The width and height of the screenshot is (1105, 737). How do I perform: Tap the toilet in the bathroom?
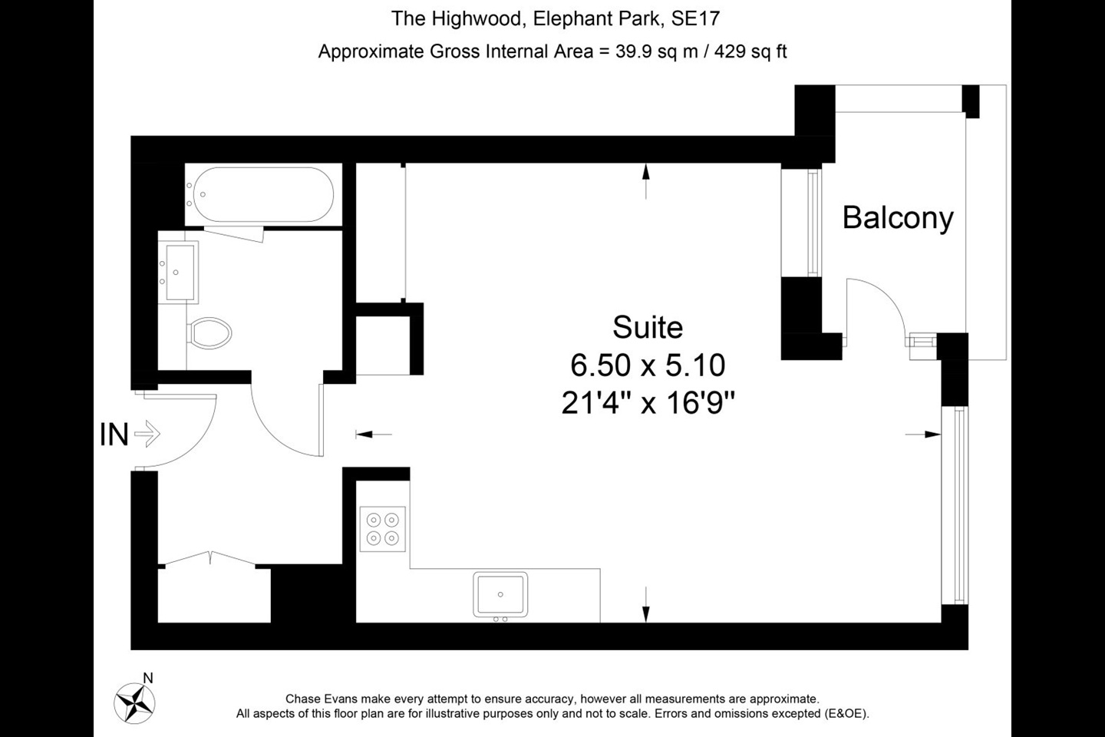point(210,333)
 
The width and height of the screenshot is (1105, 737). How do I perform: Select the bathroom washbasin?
point(179,272)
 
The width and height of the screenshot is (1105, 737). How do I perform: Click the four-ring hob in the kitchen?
point(383,528)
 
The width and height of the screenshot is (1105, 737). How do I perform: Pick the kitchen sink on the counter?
point(500,594)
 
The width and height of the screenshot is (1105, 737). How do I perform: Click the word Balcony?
point(898,218)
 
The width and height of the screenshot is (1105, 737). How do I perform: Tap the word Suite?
point(648,328)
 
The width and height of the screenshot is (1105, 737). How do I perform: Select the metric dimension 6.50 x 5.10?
point(648,365)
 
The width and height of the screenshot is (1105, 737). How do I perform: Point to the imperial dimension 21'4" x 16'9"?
point(648,402)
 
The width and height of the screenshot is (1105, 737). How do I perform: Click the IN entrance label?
point(114,435)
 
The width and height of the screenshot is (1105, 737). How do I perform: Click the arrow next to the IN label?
point(147,435)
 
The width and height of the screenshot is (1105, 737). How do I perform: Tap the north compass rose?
point(135,701)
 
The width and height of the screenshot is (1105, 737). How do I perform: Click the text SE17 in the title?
point(695,18)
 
